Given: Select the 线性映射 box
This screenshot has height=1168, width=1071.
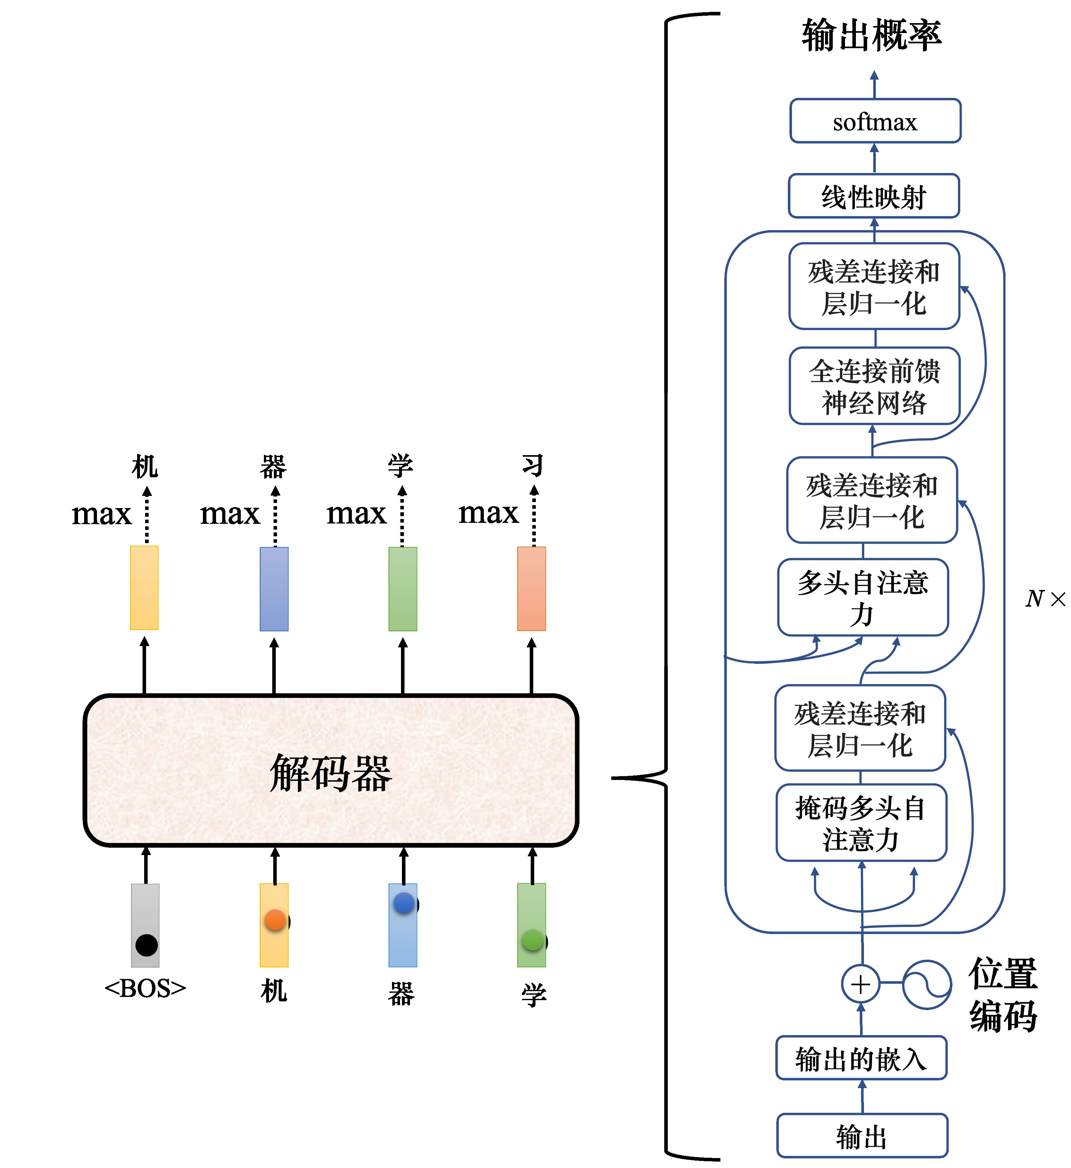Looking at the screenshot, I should click(873, 196).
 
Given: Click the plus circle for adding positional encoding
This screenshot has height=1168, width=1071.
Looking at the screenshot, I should click(861, 984).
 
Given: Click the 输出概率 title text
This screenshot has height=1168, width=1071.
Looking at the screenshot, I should click(872, 36).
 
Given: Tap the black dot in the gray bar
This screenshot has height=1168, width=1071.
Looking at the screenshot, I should click(147, 945).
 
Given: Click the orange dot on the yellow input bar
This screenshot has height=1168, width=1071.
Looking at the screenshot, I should click(275, 920).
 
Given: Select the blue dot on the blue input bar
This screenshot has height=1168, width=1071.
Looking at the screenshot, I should click(404, 903).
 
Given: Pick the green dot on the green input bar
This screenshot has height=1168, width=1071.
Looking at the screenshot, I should click(533, 940).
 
